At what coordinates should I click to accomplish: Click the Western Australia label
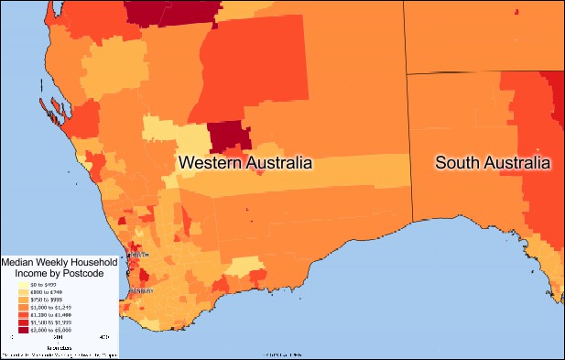[244, 163]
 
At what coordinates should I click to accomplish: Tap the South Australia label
[493, 163]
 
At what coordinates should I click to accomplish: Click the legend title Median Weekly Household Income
[59, 267]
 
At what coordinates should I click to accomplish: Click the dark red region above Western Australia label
[228, 137]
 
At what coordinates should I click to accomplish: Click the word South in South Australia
[455, 163]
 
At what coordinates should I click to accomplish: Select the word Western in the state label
[208, 163]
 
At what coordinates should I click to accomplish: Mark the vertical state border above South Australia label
[406, 110]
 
